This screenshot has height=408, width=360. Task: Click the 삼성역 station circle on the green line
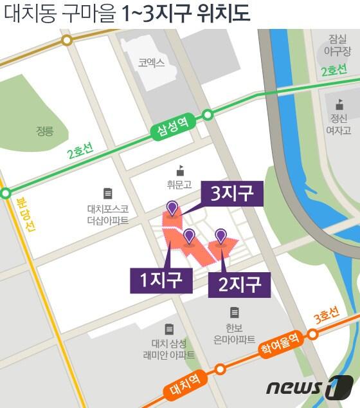coord(208,115)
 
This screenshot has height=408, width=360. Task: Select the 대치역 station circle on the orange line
coord(220,369)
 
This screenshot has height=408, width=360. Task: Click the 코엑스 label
coord(151,62)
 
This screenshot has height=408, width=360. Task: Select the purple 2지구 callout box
coord(239,283)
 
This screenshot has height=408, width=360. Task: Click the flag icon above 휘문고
coord(180,171)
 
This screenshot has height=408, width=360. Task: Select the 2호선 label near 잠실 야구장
coord(333,69)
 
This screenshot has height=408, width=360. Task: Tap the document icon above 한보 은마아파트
coord(235,313)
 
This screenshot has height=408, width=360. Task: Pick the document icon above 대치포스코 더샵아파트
coord(107,193)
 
